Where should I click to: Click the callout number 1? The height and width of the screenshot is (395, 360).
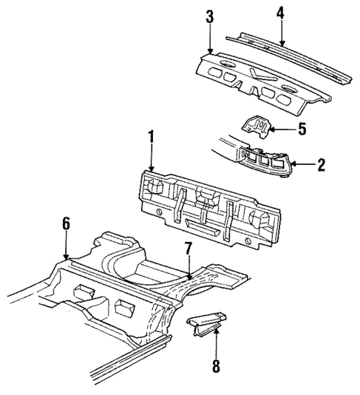click(x=151, y=137)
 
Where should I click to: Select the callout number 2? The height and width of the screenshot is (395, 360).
click(x=321, y=164)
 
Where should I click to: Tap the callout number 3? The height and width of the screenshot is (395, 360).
click(x=210, y=17)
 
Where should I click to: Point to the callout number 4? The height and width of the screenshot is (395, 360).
click(x=281, y=12)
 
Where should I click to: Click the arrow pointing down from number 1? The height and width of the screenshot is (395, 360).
click(x=151, y=160)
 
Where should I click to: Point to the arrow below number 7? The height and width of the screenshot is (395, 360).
click(x=188, y=269)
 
